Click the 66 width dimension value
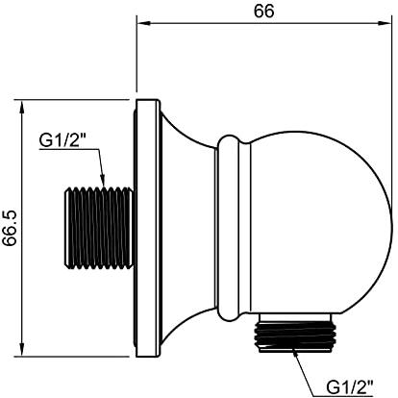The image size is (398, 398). (x=264, y=12)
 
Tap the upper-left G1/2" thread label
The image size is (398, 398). (x=63, y=140)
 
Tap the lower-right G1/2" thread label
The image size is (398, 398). (x=350, y=387)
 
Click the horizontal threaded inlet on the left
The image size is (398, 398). (x=99, y=228)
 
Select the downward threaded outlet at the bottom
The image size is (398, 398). (x=295, y=336)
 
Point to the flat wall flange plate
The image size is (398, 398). (x=148, y=228)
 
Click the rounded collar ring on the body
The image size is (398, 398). (x=228, y=228)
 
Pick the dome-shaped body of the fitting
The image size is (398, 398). (x=320, y=223)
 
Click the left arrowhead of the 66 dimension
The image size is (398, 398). (x=143, y=23)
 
